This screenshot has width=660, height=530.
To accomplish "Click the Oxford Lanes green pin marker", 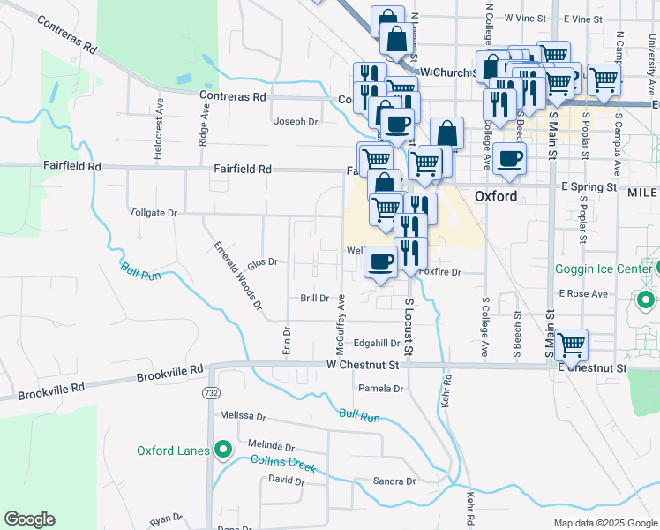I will pos(222,450).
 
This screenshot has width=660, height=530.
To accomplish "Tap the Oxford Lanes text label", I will pos(173,450).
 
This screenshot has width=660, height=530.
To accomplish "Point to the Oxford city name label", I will pos(496,196).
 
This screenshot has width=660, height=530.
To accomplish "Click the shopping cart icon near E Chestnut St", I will pos(572,344).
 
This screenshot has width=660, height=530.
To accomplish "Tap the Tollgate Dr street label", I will pos(154,213).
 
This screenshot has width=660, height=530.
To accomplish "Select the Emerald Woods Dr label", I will pos(238,275).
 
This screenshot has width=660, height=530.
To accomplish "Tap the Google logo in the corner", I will pos(29,519).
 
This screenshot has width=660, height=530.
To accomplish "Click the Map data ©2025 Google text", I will pos(604,523).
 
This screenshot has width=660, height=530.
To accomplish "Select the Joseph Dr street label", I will pos(295,122).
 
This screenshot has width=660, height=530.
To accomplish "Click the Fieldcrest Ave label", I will pos(159,116).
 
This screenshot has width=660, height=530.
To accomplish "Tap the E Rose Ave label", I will pos(583,293).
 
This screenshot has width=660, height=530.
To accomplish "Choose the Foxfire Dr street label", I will pos(440,273).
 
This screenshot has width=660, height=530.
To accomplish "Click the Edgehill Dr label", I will pos(377,343).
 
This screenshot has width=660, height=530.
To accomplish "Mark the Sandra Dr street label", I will pos(394,481).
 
